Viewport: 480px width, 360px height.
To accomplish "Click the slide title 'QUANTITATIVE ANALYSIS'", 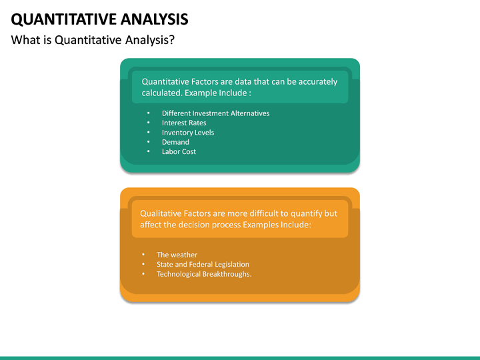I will point(99,18).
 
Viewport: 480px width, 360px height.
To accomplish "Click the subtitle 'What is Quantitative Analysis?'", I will point(93,40).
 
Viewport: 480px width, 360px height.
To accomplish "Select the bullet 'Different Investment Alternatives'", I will point(215,113).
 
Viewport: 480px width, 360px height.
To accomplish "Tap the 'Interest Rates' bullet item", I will point(184,123).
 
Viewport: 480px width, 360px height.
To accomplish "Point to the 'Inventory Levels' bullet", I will point(188,133).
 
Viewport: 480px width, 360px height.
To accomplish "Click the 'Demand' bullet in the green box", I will point(175,142).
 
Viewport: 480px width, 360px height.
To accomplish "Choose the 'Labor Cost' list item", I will point(179,151).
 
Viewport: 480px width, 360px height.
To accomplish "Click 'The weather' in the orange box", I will point(177,255).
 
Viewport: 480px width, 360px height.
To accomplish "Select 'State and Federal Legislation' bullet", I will point(203,265).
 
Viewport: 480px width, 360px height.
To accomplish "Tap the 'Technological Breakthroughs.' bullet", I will point(204,274).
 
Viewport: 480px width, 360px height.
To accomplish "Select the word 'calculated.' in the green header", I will point(162,93).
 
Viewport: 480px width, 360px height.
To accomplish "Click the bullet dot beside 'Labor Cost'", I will point(148,152).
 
